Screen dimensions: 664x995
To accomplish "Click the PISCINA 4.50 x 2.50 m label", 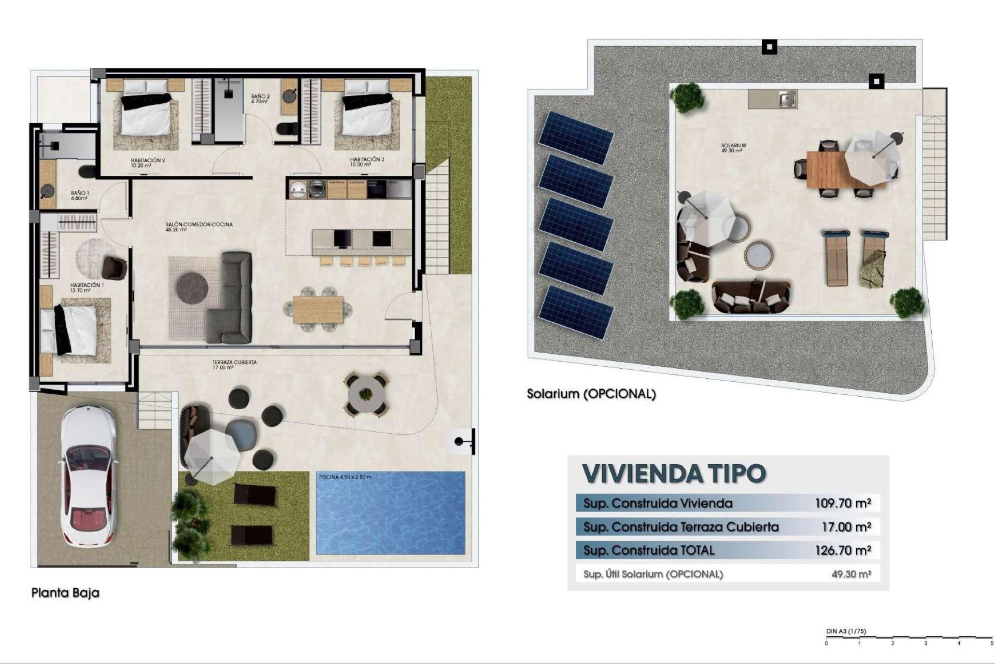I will click(x=345, y=477).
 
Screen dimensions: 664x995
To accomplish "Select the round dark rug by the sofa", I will click(x=192, y=287).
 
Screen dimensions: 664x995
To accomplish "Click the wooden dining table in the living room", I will click(x=318, y=309).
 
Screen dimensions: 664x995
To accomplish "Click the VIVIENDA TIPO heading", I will click(x=674, y=473).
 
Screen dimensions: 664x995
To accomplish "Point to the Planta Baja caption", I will click(x=65, y=592).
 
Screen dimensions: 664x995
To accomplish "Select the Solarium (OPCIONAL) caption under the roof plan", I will click(x=591, y=394).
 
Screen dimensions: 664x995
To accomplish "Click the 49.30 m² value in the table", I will click(x=851, y=574).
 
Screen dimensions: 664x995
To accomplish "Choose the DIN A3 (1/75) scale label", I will click(x=846, y=631).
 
